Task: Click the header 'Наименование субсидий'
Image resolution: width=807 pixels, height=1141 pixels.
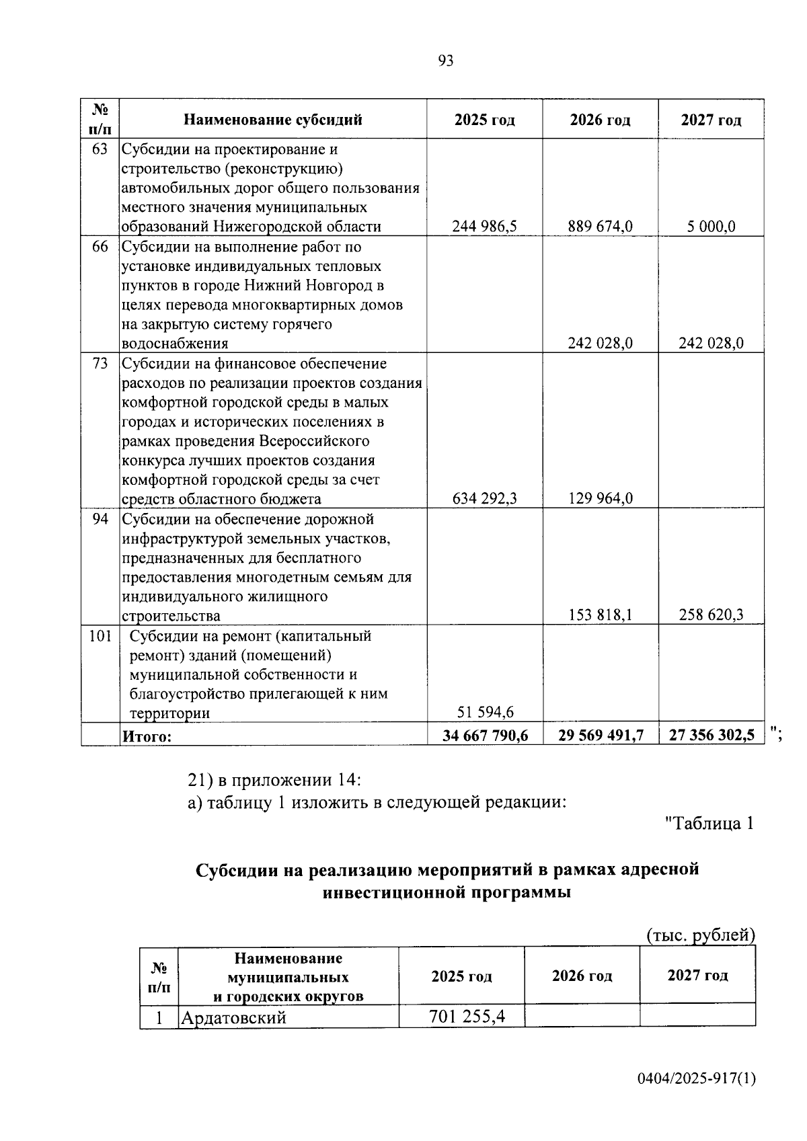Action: pyautogui.click(x=273, y=120)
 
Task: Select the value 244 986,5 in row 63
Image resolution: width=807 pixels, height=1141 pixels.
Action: pyautogui.click(x=484, y=227)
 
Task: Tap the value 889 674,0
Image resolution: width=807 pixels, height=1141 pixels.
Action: pyautogui.click(x=600, y=227)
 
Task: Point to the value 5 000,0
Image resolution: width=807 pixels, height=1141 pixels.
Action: pyautogui.click(x=711, y=227)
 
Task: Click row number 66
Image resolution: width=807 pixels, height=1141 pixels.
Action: pyautogui.click(x=100, y=246)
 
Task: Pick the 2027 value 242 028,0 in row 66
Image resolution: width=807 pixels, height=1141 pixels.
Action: pyautogui.click(x=711, y=343)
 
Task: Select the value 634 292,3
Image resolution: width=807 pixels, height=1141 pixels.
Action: pyautogui.click(x=484, y=498)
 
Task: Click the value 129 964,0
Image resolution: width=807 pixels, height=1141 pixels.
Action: pyautogui.click(x=600, y=498)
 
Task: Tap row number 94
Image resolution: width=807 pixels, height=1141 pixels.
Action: pyautogui.click(x=100, y=519)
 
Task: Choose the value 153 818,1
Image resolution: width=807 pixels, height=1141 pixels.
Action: pyautogui.click(x=600, y=615)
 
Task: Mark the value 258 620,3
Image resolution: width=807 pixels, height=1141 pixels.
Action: pyautogui.click(x=711, y=615)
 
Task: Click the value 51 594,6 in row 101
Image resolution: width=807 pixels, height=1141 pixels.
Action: pyautogui.click(x=484, y=712)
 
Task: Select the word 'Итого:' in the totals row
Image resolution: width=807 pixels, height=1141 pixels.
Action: pyautogui.click(x=147, y=736)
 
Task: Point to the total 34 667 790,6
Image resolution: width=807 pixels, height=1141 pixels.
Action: pyautogui.click(x=485, y=736)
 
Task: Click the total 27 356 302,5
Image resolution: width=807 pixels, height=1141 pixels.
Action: pyautogui.click(x=712, y=736)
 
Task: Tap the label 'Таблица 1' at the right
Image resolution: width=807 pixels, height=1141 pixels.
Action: pyautogui.click(x=708, y=823)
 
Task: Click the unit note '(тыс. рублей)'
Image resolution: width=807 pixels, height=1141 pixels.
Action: pyautogui.click(x=701, y=935)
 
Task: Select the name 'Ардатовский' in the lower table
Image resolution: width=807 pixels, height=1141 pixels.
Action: pyautogui.click(x=233, y=1017)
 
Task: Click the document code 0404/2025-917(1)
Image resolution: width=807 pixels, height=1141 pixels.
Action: pyautogui.click(x=697, y=1079)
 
